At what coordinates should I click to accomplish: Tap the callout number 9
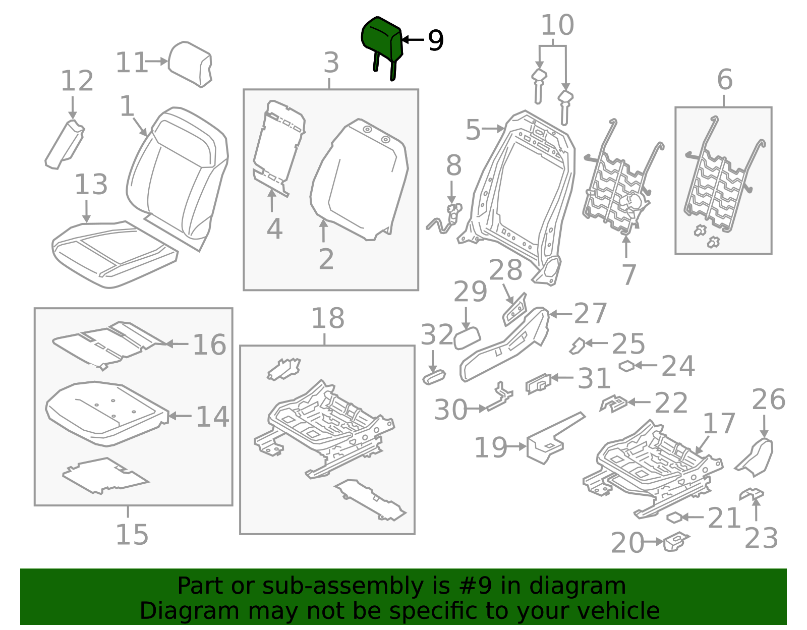[x=436, y=40]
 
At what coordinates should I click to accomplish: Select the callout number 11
[x=131, y=63]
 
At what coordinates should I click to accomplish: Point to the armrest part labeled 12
[x=65, y=145]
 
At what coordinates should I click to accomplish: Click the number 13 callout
[x=91, y=185]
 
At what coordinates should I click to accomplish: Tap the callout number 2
[x=326, y=259]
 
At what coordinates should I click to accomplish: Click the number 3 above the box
[x=331, y=64]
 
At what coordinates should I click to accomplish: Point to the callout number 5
[x=473, y=130]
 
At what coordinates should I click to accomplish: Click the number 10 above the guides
[x=557, y=25]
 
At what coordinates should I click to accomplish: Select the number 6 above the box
[x=725, y=80]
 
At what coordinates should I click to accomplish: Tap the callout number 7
[x=628, y=275]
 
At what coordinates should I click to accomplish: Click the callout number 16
[x=209, y=345]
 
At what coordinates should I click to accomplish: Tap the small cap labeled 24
[x=626, y=366]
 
